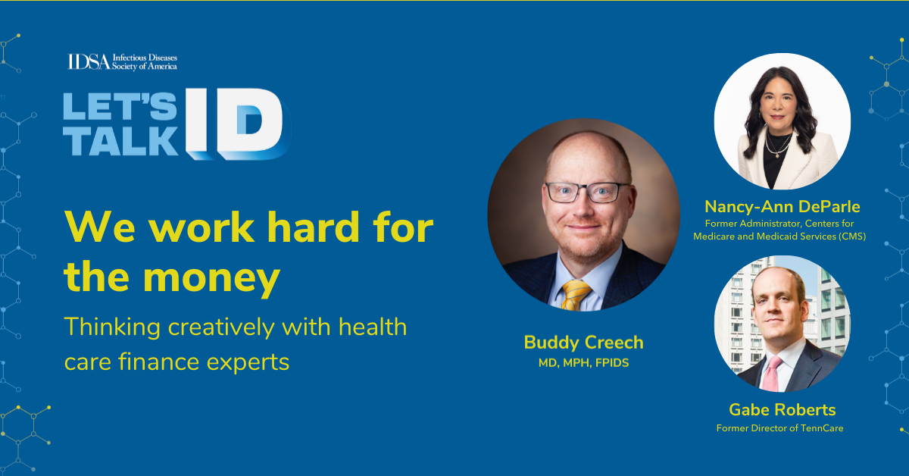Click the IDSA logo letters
(x=89, y=61)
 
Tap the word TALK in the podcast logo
(x=121, y=141)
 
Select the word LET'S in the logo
(x=120, y=106)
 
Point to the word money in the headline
(x=211, y=279)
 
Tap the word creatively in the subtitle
(x=220, y=327)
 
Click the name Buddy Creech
(x=583, y=343)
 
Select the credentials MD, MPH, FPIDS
(x=583, y=363)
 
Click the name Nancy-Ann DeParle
(x=782, y=206)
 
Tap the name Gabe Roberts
(x=782, y=409)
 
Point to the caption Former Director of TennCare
(x=779, y=428)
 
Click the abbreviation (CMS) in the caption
(x=852, y=236)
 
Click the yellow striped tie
(x=576, y=295)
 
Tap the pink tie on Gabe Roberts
(x=771, y=374)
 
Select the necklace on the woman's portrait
(x=778, y=146)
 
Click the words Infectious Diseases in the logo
(x=145, y=58)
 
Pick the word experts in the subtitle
(x=248, y=363)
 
